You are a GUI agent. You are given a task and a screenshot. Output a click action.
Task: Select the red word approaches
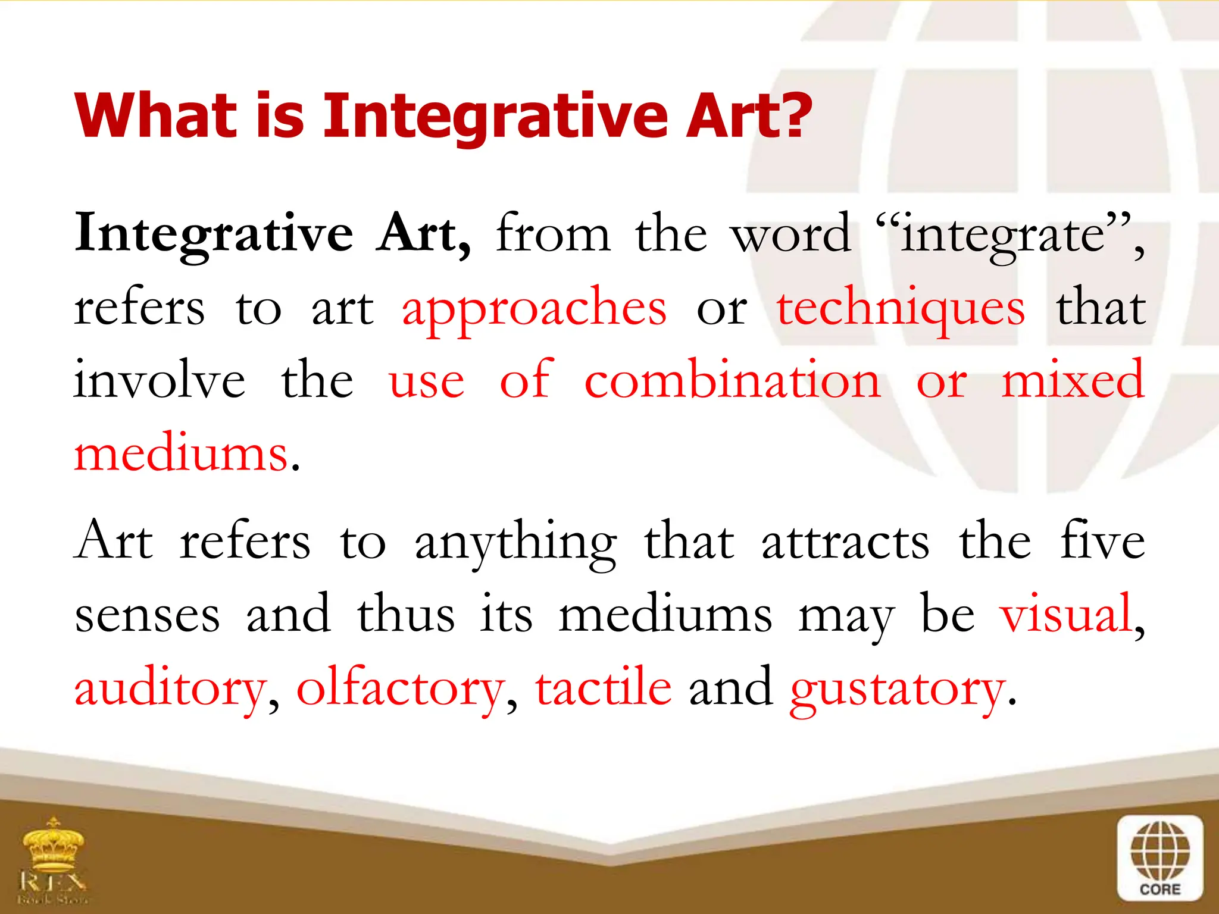coord(534,309)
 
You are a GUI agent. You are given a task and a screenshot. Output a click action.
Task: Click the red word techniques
coord(901,309)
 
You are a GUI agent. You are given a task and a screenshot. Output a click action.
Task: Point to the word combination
coord(732,381)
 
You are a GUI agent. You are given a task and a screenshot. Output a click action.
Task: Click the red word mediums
coord(181,454)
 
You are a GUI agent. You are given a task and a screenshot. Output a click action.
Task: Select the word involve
coord(160,381)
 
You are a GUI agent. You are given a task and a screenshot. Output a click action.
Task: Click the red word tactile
coord(603,688)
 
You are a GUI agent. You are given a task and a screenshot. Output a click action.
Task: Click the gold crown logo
coord(54,845)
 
